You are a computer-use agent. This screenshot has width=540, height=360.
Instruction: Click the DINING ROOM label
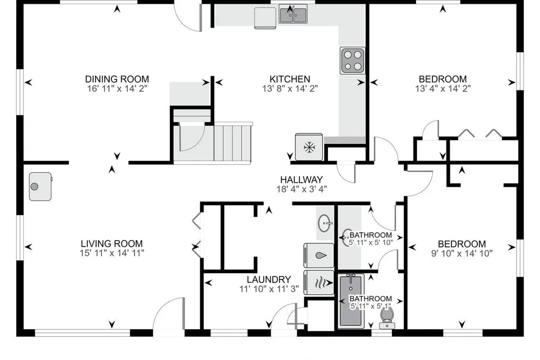pyautogui.click(x=117, y=79)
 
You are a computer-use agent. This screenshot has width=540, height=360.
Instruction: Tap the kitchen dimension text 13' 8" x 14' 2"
pyautogui.click(x=290, y=89)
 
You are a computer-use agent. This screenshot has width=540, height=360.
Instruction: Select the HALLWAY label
pyautogui.click(x=302, y=180)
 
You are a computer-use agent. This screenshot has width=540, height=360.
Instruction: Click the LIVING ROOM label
pyautogui.click(x=112, y=244)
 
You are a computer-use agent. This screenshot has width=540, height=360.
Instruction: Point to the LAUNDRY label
pyautogui.click(x=269, y=279)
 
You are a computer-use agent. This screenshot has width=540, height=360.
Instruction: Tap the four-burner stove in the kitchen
pyautogui.click(x=352, y=60)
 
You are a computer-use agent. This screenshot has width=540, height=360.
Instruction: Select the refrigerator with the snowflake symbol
pyautogui.click(x=309, y=147)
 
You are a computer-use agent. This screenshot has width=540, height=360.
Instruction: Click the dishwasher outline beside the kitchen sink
pyautogui.click(x=265, y=18)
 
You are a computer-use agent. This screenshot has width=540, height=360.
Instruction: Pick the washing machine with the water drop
pyautogui.click(x=319, y=256)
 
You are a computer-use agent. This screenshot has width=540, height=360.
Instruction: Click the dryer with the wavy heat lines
pyautogui.click(x=319, y=283)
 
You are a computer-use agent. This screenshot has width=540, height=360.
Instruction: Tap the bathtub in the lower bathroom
pyautogui.click(x=351, y=301)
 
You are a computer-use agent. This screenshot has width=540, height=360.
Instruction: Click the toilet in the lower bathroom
pyautogui.click(x=387, y=318)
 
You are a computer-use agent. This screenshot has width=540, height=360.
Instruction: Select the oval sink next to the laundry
pyautogui.click(x=325, y=223)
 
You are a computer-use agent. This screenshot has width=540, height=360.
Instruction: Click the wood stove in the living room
pyautogui.click(x=40, y=186)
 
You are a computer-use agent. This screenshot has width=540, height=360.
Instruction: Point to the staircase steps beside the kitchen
pyautogui.click(x=233, y=143)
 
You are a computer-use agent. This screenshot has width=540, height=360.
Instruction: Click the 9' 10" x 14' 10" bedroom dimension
pyautogui.click(x=462, y=253)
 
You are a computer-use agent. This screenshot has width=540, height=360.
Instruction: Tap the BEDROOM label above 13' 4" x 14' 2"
pyautogui.click(x=443, y=79)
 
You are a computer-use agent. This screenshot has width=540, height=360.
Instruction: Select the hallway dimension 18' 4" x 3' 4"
pyautogui.click(x=302, y=189)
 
